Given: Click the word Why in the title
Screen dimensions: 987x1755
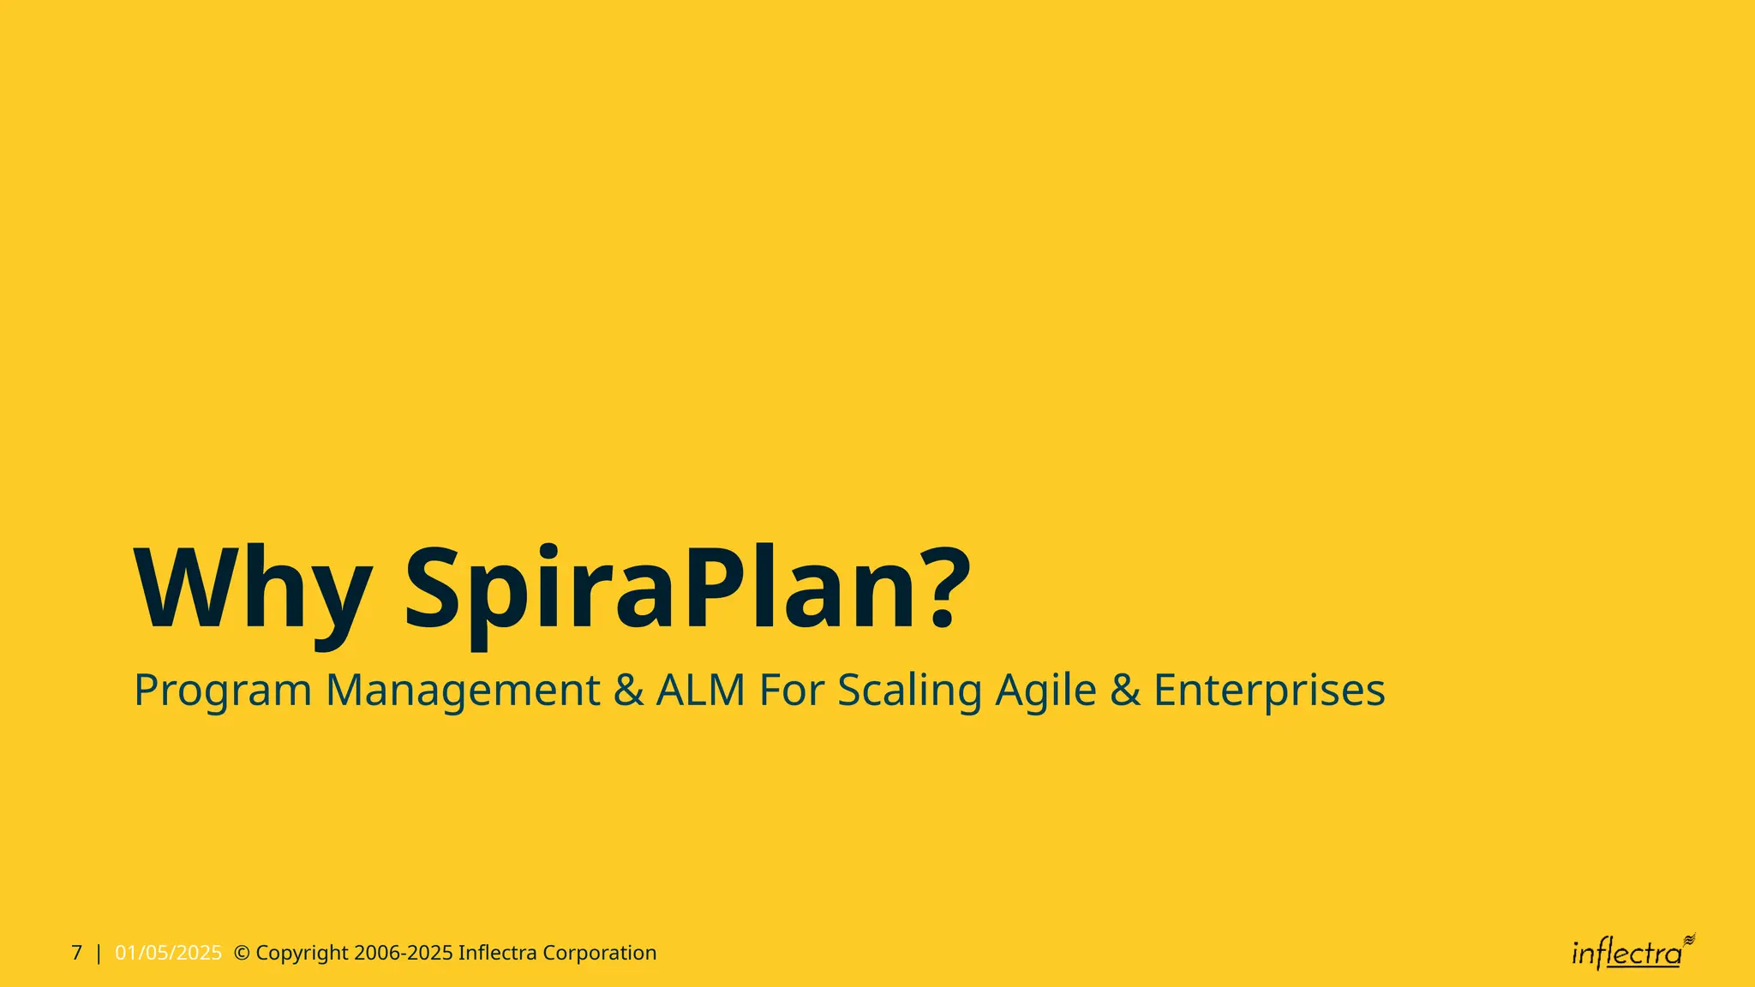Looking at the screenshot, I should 253,591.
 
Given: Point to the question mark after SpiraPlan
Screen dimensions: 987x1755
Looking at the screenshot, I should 944,586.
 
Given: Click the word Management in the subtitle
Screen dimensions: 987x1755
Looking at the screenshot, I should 463,691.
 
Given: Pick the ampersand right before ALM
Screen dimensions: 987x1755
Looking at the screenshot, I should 628,690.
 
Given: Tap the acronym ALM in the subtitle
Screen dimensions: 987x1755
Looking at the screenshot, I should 701,690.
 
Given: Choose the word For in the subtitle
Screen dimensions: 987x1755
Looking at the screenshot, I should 792,690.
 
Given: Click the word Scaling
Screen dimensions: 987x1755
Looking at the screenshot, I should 909,691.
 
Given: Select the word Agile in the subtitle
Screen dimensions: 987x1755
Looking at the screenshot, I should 1045,691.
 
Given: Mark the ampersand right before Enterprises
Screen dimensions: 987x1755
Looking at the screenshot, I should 1124,690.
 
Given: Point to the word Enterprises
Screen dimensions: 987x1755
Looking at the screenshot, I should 1269,691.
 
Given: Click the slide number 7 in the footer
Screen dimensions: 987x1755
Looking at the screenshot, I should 77,953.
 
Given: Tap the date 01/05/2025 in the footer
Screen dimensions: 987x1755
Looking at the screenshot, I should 168,953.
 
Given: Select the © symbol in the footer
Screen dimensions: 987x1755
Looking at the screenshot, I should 242,953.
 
